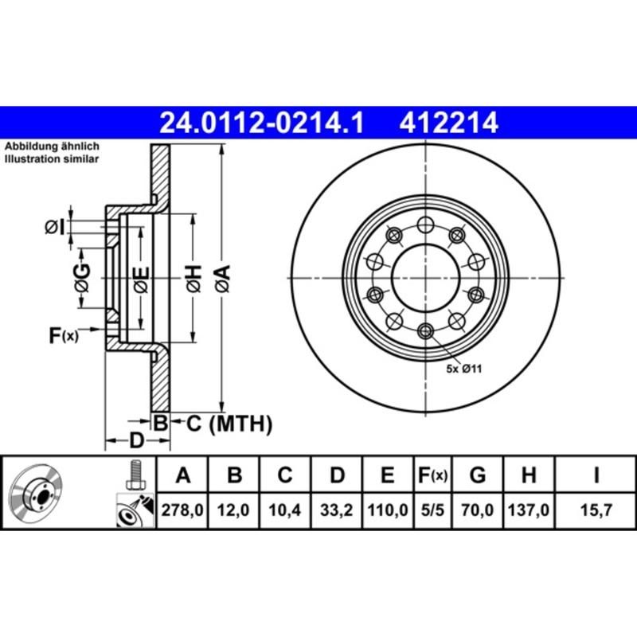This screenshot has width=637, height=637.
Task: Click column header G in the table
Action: [478, 476]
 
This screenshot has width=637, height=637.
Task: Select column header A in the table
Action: [182, 476]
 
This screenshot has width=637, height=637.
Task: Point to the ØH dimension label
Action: [193, 278]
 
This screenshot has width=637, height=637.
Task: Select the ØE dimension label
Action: [140, 278]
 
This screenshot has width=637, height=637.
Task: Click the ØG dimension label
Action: [82, 278]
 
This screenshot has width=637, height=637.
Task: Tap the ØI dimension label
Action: [53, 229]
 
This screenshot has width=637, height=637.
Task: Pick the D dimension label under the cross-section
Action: [137, 440]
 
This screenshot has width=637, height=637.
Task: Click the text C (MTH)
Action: [229, 424]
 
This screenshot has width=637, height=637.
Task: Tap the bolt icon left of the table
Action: [135, 476]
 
